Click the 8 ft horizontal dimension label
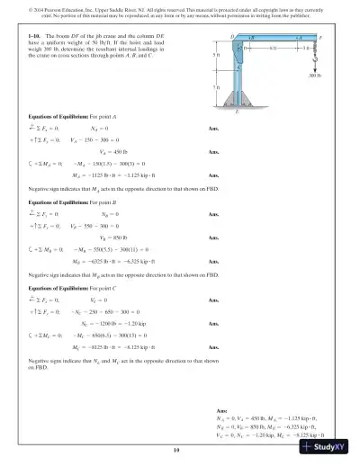click(274, 48)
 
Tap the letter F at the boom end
click(319, 40)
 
